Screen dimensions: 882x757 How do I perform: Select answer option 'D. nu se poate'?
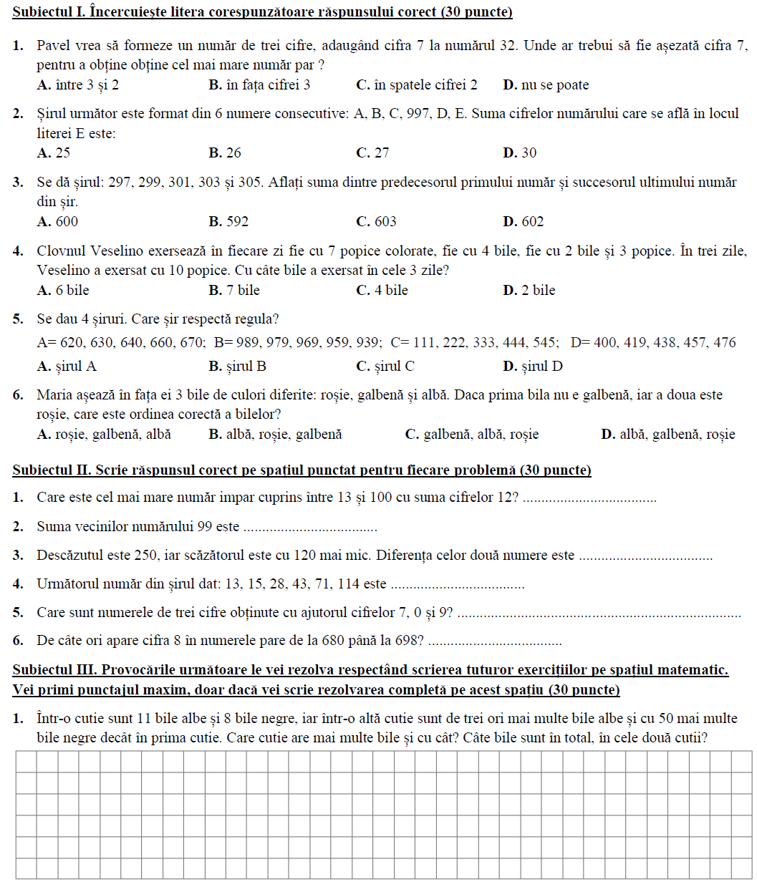[546, 85]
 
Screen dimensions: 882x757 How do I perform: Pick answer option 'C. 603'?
[376, 222]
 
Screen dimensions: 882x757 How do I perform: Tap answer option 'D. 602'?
[524, 222]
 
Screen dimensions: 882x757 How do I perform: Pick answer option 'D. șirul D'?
[533, 367]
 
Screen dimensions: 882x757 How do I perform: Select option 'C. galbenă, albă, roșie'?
[472, 435]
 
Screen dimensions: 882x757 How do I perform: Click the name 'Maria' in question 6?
[54, 395]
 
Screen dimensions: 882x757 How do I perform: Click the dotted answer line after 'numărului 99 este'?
[310, 528]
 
